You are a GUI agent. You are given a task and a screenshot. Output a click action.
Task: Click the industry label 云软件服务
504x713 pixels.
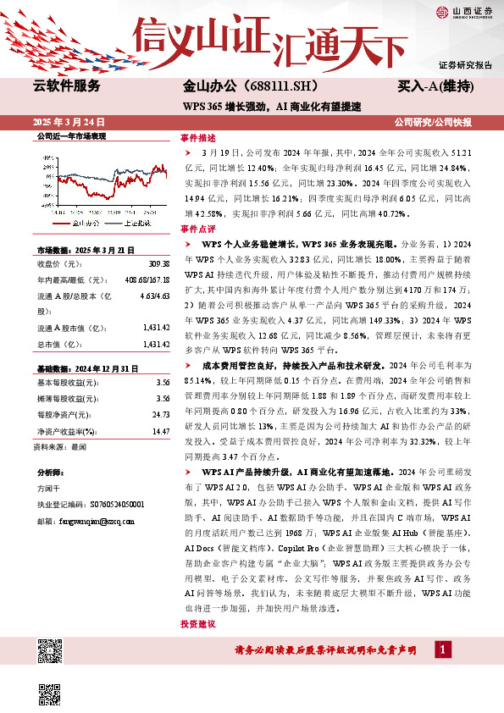67,86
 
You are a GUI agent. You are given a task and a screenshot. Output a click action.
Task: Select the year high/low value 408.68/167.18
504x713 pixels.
140,279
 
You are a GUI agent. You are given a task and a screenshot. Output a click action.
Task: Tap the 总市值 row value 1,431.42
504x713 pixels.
155,345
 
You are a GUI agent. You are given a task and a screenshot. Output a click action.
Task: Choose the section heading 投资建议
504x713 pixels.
198,624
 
